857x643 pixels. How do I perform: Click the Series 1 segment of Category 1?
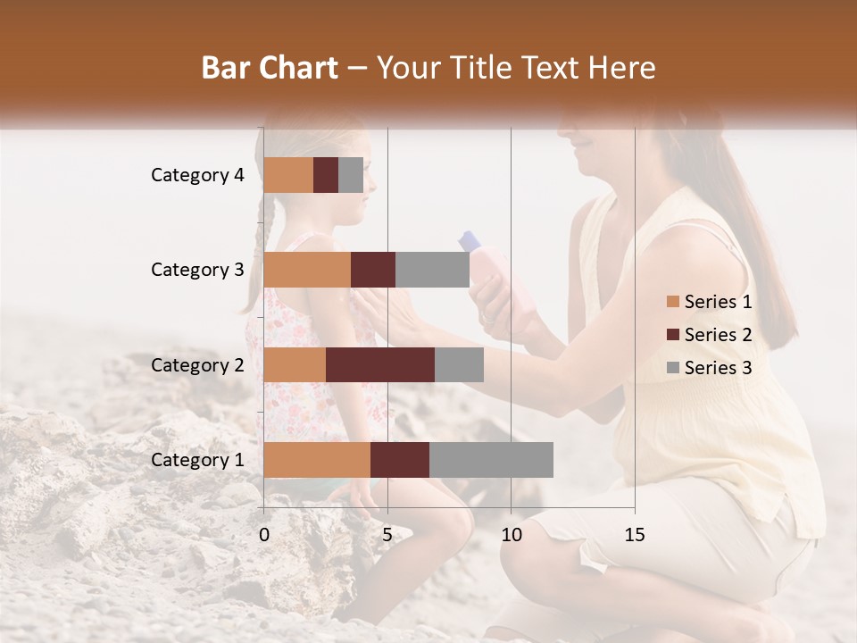[317, 460]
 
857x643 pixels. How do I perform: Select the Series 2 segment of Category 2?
[380, 364]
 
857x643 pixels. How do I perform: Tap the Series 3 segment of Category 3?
[432, 270]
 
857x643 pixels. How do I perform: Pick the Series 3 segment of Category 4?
[351, 175]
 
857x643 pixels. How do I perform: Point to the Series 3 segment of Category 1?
[491, 460]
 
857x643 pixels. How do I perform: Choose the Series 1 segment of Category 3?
[307, 270]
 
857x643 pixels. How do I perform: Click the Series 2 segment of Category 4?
[326, 175]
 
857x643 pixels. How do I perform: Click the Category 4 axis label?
[197, 175]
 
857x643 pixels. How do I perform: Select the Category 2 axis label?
[197, 364]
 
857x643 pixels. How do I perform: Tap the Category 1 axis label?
[197, 460]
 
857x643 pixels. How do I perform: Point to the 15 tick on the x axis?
[634, 535]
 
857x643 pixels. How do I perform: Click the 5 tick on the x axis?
[387, 535]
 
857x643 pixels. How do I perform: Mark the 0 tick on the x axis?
[264, 535]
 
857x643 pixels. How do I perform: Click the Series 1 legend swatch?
[673, 302]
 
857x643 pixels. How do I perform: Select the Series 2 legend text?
[718, 335]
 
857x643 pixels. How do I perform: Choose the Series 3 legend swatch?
[673, 368]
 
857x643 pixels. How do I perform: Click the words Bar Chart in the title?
[270, 67]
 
